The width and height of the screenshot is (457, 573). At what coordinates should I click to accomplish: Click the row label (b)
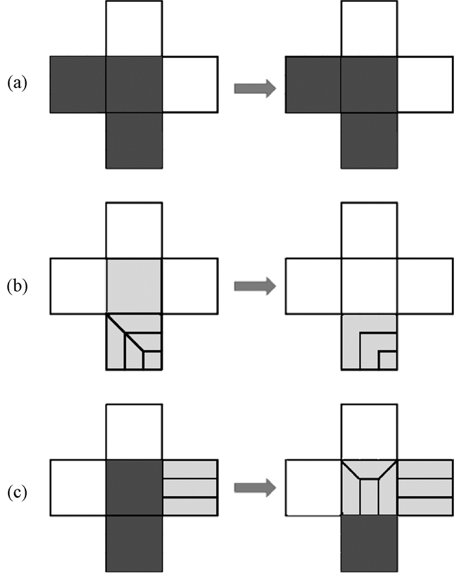(17, 286)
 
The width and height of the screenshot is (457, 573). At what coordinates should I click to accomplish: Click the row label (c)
(17, 489)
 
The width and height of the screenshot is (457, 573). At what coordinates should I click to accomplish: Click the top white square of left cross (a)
(134, 29)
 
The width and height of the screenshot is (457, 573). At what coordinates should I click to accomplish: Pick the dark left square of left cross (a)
(78, 84)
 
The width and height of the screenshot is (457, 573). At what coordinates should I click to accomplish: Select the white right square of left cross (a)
(189, 84)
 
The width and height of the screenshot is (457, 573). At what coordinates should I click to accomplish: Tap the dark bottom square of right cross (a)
(369, 140)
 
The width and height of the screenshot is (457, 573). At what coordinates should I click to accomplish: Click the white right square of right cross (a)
(424, 84)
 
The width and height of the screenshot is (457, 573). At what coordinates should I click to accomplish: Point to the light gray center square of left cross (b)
(134, 286)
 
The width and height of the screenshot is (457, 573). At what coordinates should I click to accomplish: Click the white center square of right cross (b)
(369, 286)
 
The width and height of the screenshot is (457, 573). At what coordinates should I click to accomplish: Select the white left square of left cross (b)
(78, 286)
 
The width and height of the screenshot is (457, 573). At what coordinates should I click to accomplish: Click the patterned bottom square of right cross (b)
(369, 342)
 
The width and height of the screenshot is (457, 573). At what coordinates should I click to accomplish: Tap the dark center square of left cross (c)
(134, 488)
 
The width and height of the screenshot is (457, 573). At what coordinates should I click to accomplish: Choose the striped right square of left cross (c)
(189, 488)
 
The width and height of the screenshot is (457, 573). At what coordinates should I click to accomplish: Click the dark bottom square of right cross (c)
(369, 543)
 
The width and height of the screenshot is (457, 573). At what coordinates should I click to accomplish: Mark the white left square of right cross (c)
(314, 488)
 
